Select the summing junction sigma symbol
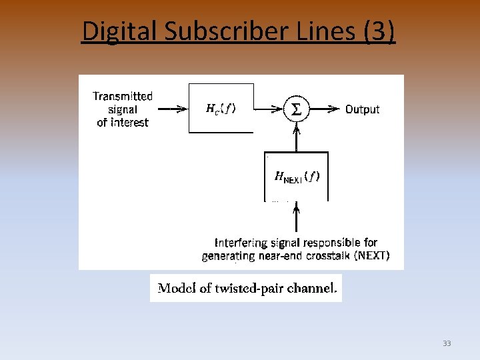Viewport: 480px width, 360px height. [297, 109]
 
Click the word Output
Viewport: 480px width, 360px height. [362, 109]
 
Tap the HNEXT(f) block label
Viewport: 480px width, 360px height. [297, 177]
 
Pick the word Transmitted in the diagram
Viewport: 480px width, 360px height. [123, 96]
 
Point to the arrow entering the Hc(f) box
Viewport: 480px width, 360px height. [175, 109]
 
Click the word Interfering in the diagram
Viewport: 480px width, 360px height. [242, 243]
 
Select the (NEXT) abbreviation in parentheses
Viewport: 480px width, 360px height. [372, 255]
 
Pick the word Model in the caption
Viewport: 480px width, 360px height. [174, 288]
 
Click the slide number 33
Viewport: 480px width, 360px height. [447, 343]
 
